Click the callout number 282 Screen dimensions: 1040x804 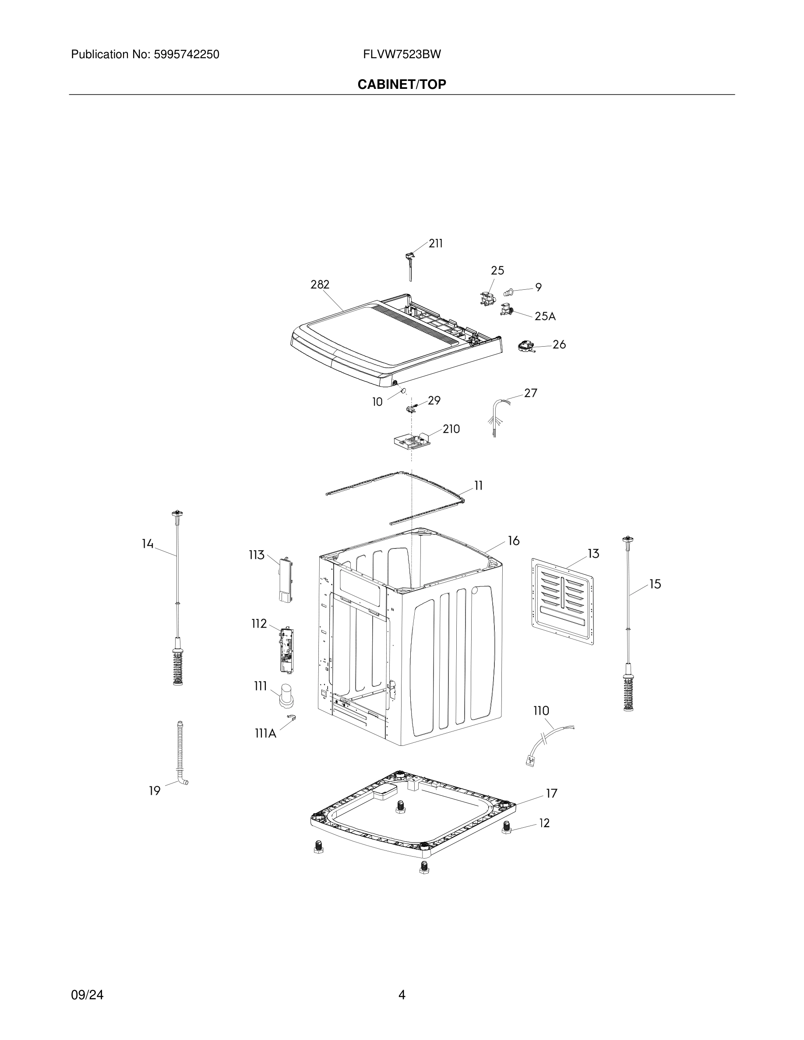tap(320, 284)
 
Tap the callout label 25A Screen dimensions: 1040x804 tap(545, 316)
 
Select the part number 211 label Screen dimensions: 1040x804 tap(435, 243)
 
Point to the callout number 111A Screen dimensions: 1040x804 tap(265, 733)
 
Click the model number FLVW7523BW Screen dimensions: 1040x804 tap(402, 54)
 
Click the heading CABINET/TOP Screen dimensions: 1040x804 tap(402, 84)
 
